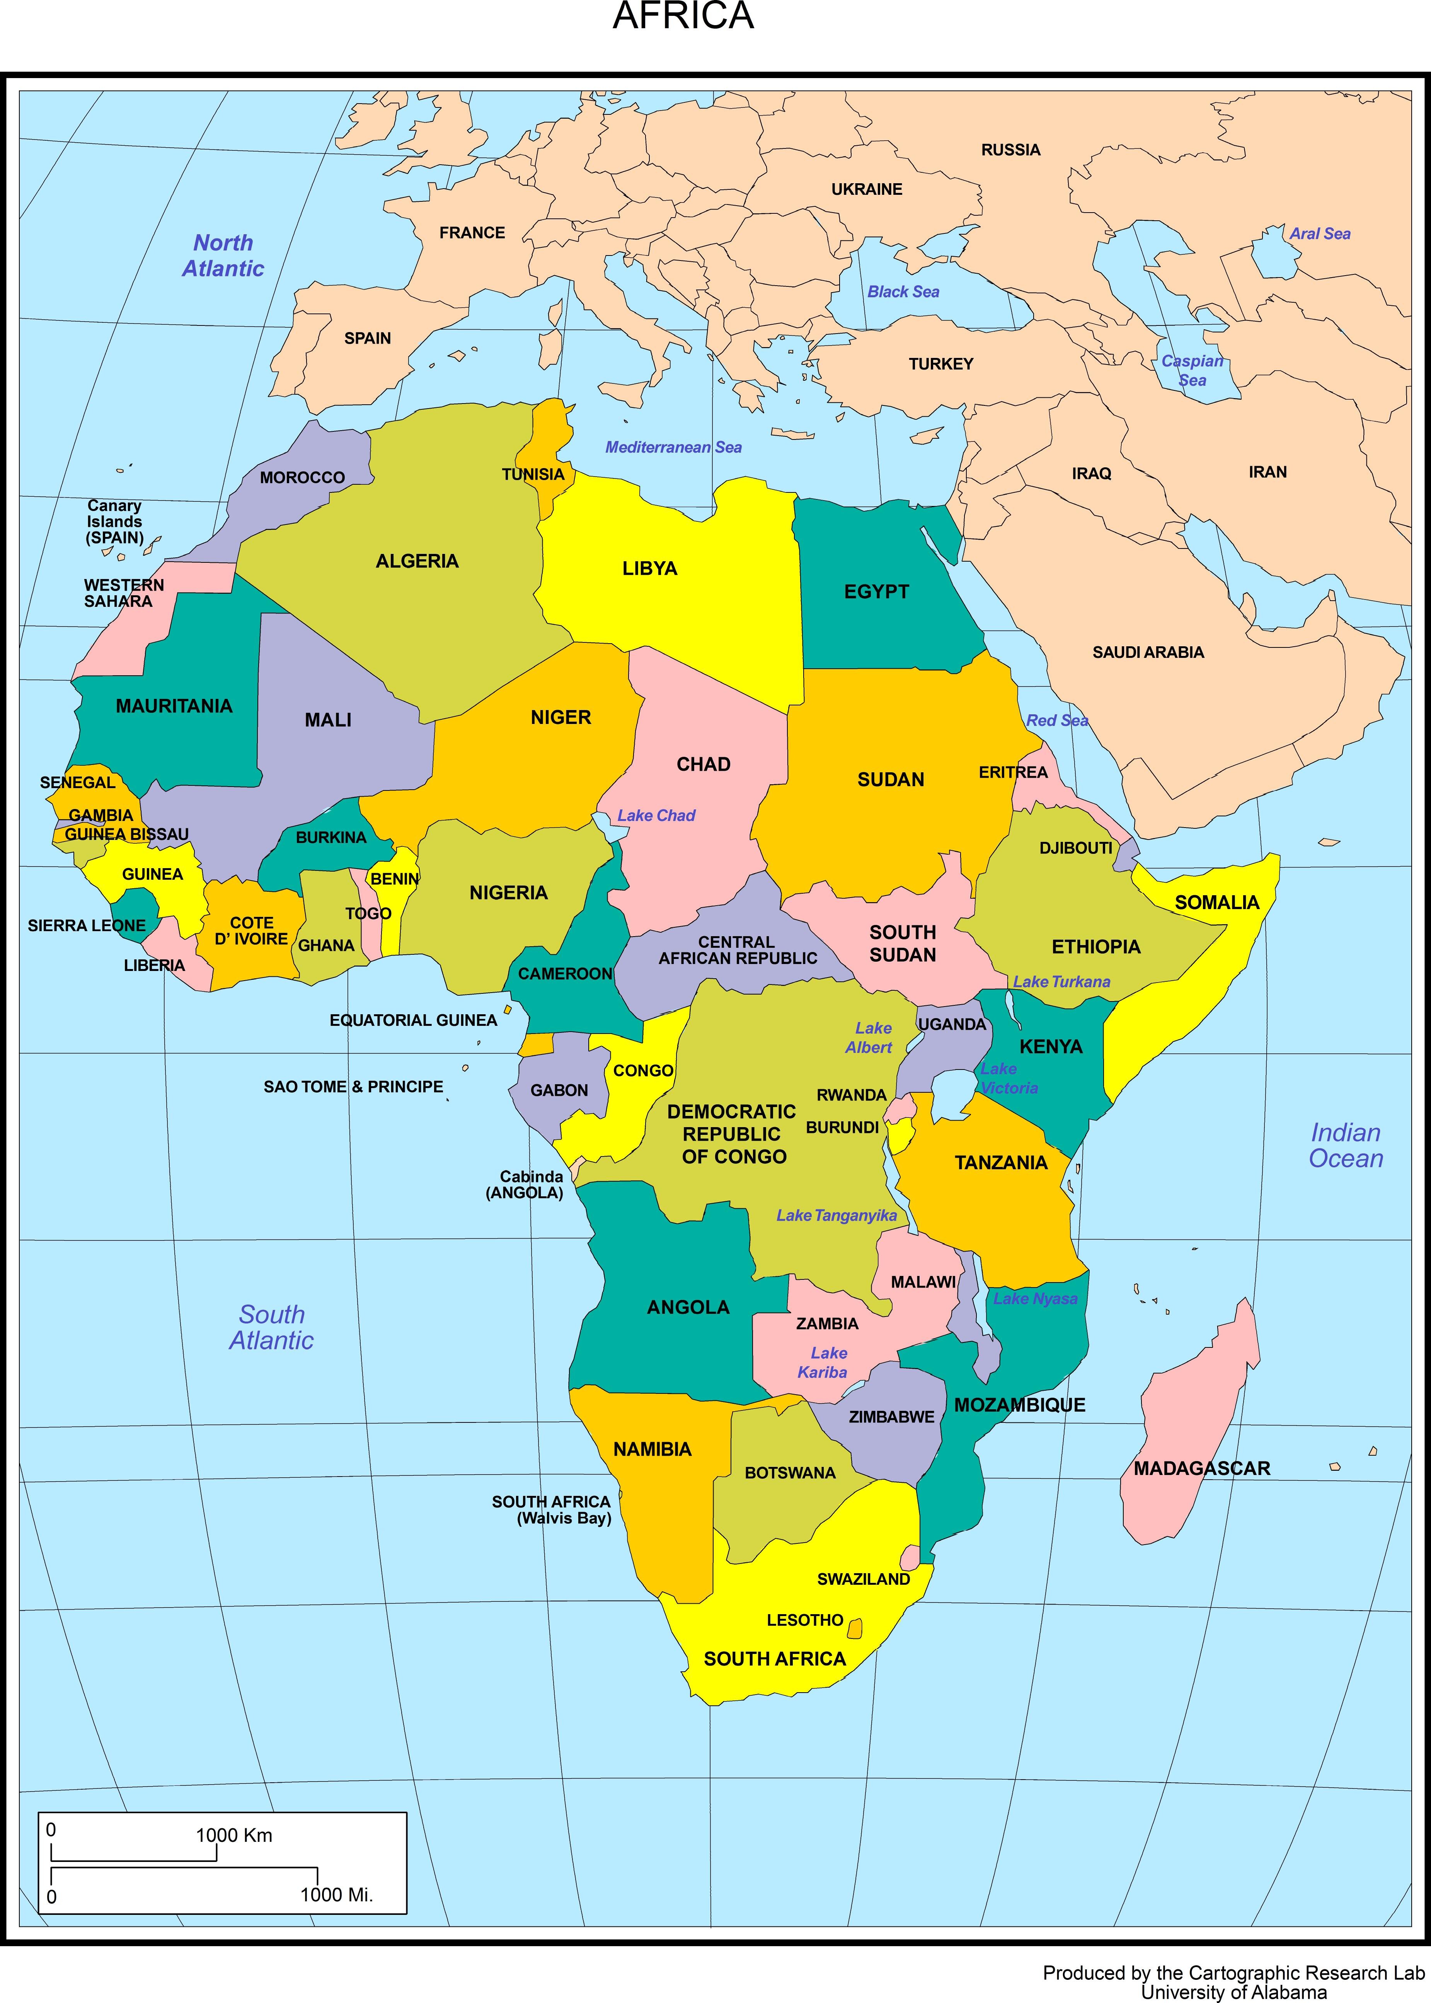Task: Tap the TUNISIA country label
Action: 533,474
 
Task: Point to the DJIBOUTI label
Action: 1075,848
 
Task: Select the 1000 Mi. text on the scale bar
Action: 336,1895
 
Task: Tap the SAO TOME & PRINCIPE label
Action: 353,1087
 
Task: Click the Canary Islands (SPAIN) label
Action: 114,522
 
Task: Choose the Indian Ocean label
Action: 1346,1146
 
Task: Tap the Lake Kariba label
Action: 824,1363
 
